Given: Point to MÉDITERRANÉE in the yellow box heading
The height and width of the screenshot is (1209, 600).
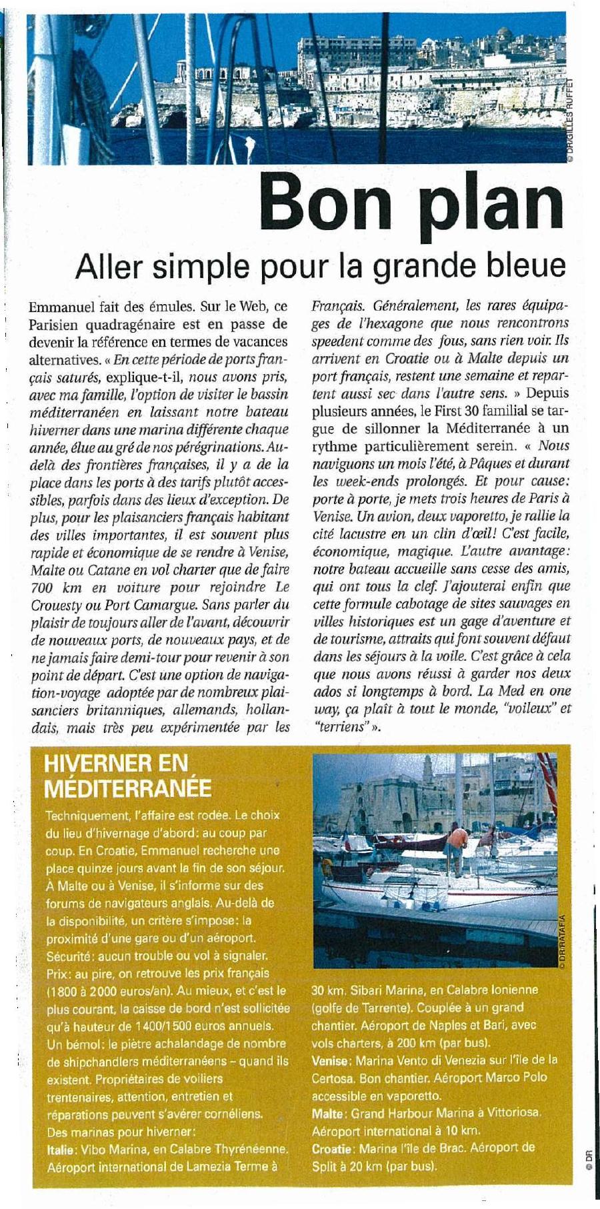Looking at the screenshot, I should click(x=127, y=788).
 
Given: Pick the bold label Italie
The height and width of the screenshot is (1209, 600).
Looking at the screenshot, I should click(x=63, y=1149).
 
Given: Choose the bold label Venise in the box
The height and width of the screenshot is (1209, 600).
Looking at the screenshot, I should click(x=330, y=1060).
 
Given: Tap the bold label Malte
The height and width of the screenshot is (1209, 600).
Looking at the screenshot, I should click(x=327, y=1113).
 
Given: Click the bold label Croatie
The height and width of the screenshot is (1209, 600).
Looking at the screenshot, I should click(x=332, y=1149).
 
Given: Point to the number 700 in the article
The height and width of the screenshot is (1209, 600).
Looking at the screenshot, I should click(x=44, y=587).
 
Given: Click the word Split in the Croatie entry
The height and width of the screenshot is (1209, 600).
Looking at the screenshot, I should click(x=325, y=1166).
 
